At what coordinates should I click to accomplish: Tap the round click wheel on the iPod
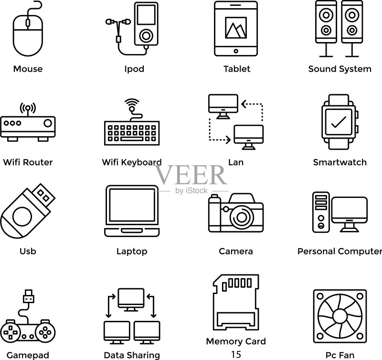(146, 36)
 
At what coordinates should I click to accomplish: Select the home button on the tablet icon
(236, 51)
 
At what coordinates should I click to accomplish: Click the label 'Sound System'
(340, 69)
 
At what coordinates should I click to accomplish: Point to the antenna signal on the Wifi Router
(28, 108)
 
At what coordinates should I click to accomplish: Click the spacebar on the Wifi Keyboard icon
(132, 139)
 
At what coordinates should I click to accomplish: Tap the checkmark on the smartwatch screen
(339, 122)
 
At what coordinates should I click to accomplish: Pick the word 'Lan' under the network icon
(236, 163)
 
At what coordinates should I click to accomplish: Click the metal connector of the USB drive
(43, 195)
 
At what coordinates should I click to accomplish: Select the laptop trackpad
(132, 230)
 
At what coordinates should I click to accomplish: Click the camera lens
(242, 217)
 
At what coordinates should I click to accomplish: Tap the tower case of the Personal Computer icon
(321, 212)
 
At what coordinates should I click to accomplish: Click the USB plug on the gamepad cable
(29, 296)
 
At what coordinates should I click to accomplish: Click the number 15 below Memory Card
(236, 354)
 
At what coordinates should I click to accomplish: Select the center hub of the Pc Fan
(340, 316)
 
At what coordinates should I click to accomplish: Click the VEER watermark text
(191, 175)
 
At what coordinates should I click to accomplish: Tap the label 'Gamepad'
(28, 355)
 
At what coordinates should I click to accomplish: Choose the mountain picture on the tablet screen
(236, 28)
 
